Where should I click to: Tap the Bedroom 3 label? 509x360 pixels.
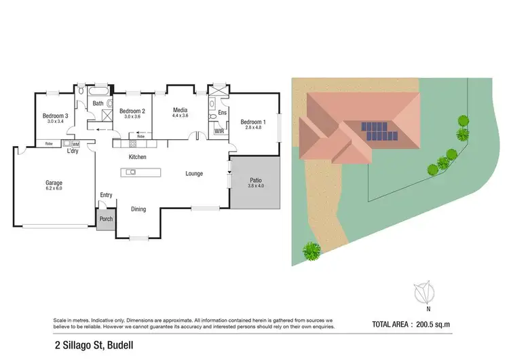[x=55, y=116]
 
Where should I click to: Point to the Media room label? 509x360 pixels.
[x=180, y=109]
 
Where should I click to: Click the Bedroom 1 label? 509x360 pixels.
[x=253, y=122]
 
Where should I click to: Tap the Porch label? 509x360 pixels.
[x=106, y=219]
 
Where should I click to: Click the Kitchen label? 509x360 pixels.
[x=138, y=157]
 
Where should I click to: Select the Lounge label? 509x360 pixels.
[x=195, y=174]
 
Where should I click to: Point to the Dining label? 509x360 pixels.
[x=138, y=209]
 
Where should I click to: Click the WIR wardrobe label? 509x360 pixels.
[x=219, y=131]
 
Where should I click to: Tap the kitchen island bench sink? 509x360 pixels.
[x=130, y=172]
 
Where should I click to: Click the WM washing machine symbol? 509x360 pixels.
[x=75, y=144]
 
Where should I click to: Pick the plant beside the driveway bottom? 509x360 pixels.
[x=312, y=251]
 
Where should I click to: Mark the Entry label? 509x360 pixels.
[x=106, y=195]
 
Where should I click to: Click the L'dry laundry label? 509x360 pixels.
[x=72, y=151]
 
